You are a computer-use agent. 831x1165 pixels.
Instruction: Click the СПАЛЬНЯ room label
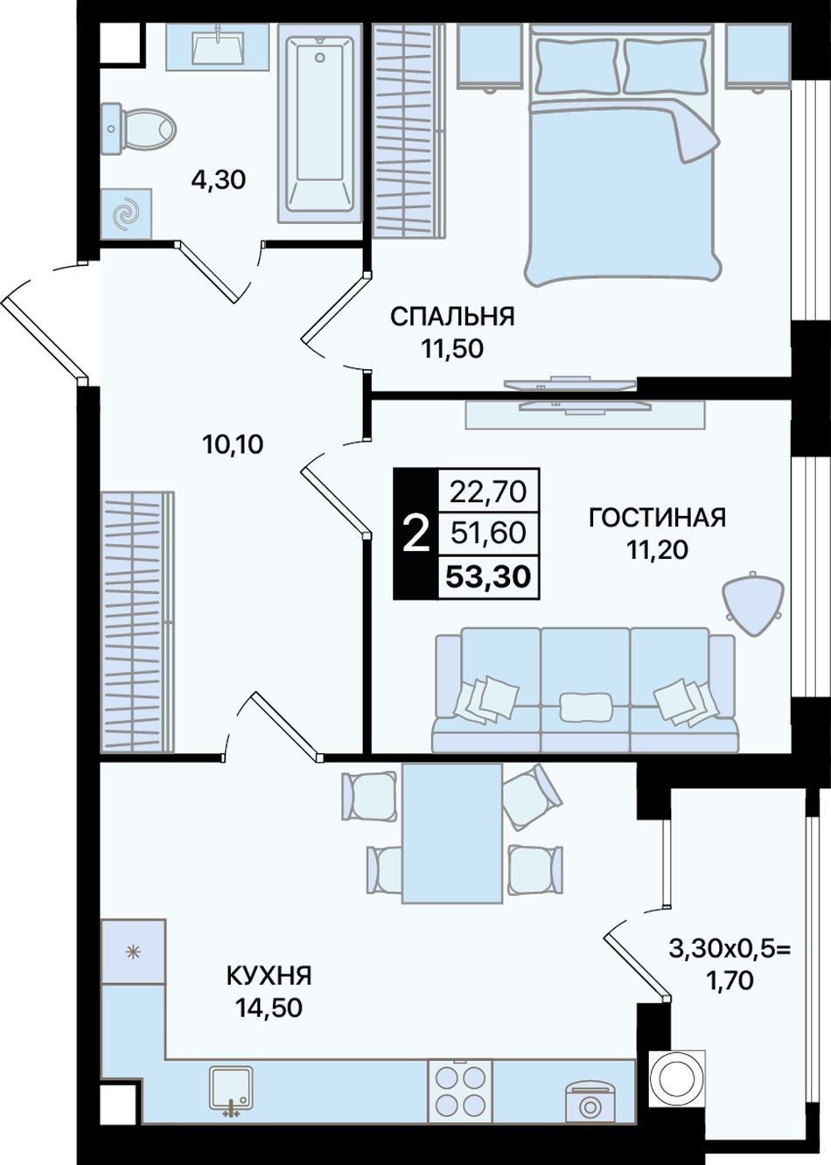[x=452, y=317]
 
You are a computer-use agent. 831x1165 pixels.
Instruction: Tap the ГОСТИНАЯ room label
[x=657, y=518]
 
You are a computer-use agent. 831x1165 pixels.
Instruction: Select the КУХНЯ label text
[x=269, y=976]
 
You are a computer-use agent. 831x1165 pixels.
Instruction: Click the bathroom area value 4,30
[x=219, y=180]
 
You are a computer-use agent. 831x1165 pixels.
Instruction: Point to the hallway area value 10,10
[x=234, y=444]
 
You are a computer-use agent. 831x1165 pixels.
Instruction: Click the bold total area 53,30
[x=489, y=576]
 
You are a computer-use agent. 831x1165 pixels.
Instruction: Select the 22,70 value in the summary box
[x=488, y=492]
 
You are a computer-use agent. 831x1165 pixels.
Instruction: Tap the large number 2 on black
[x=416, y=534]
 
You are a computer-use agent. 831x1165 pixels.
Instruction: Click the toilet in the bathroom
[x=139, y=129]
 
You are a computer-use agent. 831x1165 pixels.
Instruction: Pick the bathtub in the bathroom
[x=319, y=123]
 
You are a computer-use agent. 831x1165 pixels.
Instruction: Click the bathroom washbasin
[x=218, y=46]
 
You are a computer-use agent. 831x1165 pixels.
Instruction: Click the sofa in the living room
[x=585, y=689]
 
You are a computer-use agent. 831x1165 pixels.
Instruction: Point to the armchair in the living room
[x=752, y=603]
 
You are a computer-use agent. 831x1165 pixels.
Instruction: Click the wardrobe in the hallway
[x=137, y=623]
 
